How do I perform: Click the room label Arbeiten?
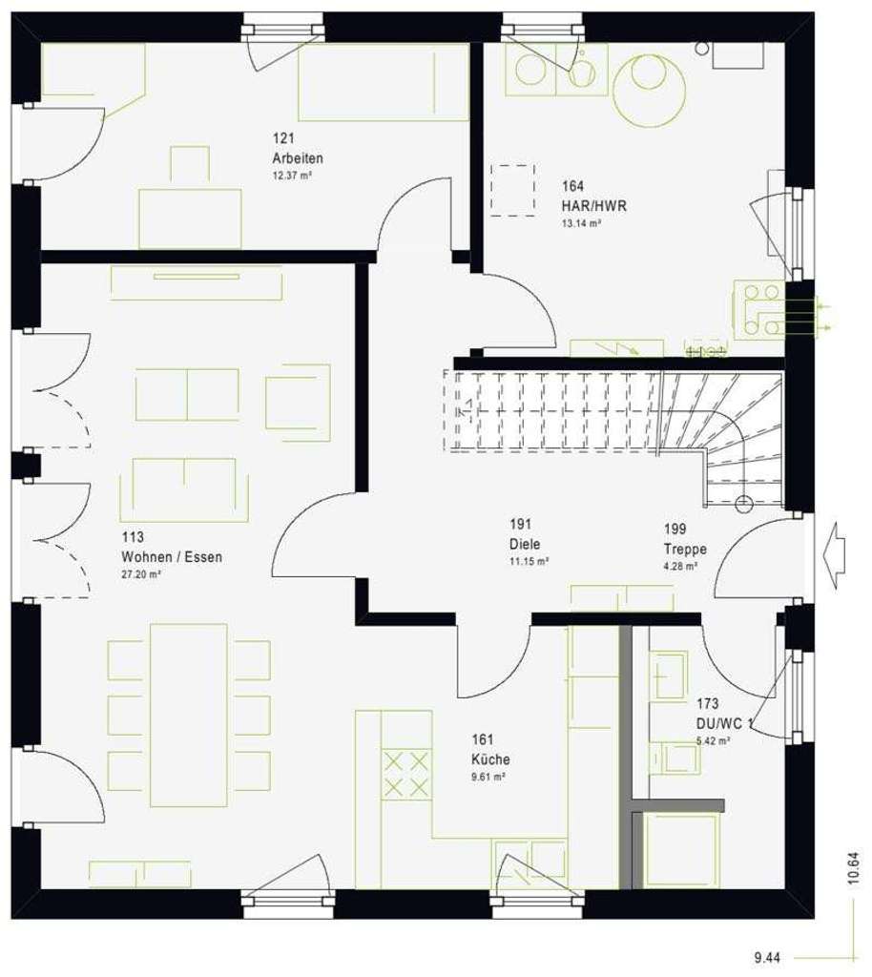coord(297,158)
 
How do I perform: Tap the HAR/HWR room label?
coord(594,205)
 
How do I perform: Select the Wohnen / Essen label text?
coord(171,557)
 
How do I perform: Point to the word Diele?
coord(524,544)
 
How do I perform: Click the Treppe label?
coord(685,549)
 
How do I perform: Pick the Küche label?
coord(489,759)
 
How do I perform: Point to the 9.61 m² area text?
coord(487,777)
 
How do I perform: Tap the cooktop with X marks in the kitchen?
coord(405,773)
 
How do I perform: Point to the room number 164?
coord(572,187)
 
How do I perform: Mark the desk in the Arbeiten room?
coord(190,218)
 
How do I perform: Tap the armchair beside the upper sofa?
coord(298,394)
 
